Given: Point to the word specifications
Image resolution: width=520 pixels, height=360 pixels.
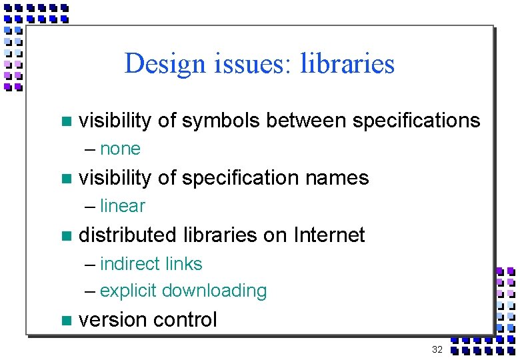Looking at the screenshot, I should pyautogui.click(x=416, y=121).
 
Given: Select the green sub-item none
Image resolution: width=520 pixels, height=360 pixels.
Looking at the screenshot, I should pyautogui.click(x=120, y=149).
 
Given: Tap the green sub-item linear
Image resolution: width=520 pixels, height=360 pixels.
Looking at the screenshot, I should pyautogui.click(x=122, y=206).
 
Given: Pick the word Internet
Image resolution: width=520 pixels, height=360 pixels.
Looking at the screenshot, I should pyautogui.click(x=329, y=235).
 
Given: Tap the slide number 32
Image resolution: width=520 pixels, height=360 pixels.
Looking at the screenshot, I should pyautogui.click(x=437, y=349).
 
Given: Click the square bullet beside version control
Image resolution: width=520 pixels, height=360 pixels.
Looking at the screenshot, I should pyautogui.click(x=65, y=321).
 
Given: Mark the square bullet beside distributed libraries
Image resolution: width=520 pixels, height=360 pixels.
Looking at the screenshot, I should pyautogui.click(x=65, y=236).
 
